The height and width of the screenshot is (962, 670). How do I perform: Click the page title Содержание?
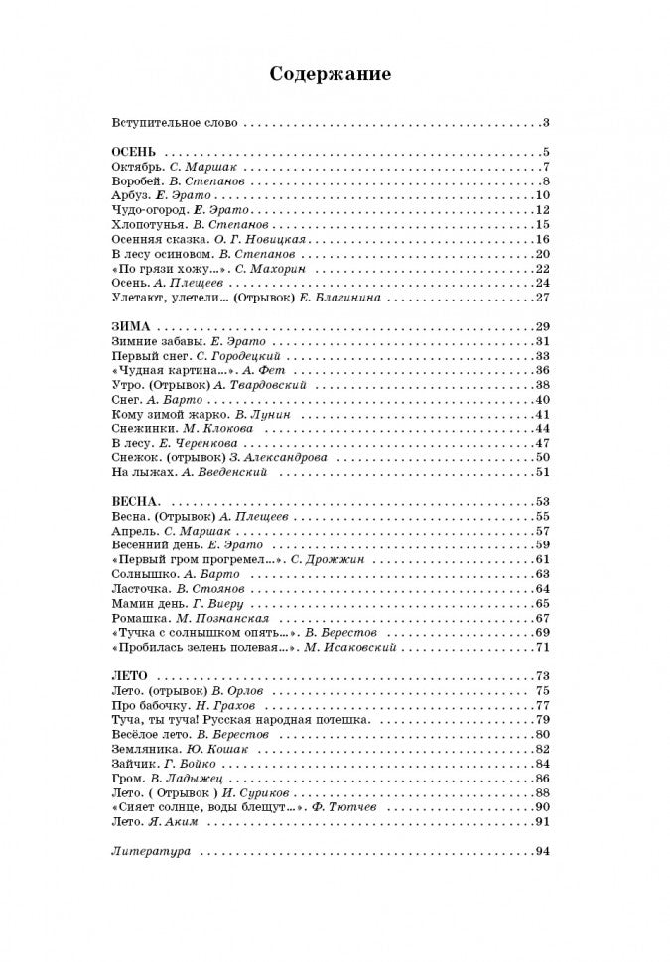[x=332, y=74]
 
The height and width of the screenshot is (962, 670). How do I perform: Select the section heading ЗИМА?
[x=132, y=326]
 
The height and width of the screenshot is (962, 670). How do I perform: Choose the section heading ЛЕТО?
[x=133, y=676]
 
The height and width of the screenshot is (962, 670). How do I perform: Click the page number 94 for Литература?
[x=542, y=851]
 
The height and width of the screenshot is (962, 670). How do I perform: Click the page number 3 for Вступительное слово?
[x=546, y=123]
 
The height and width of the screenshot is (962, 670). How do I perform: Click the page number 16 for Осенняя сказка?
[x=542, y=239]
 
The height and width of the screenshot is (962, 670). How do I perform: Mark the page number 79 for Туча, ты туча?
[x=542, y=720]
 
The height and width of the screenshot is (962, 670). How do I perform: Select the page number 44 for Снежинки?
[x=542, y=428]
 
